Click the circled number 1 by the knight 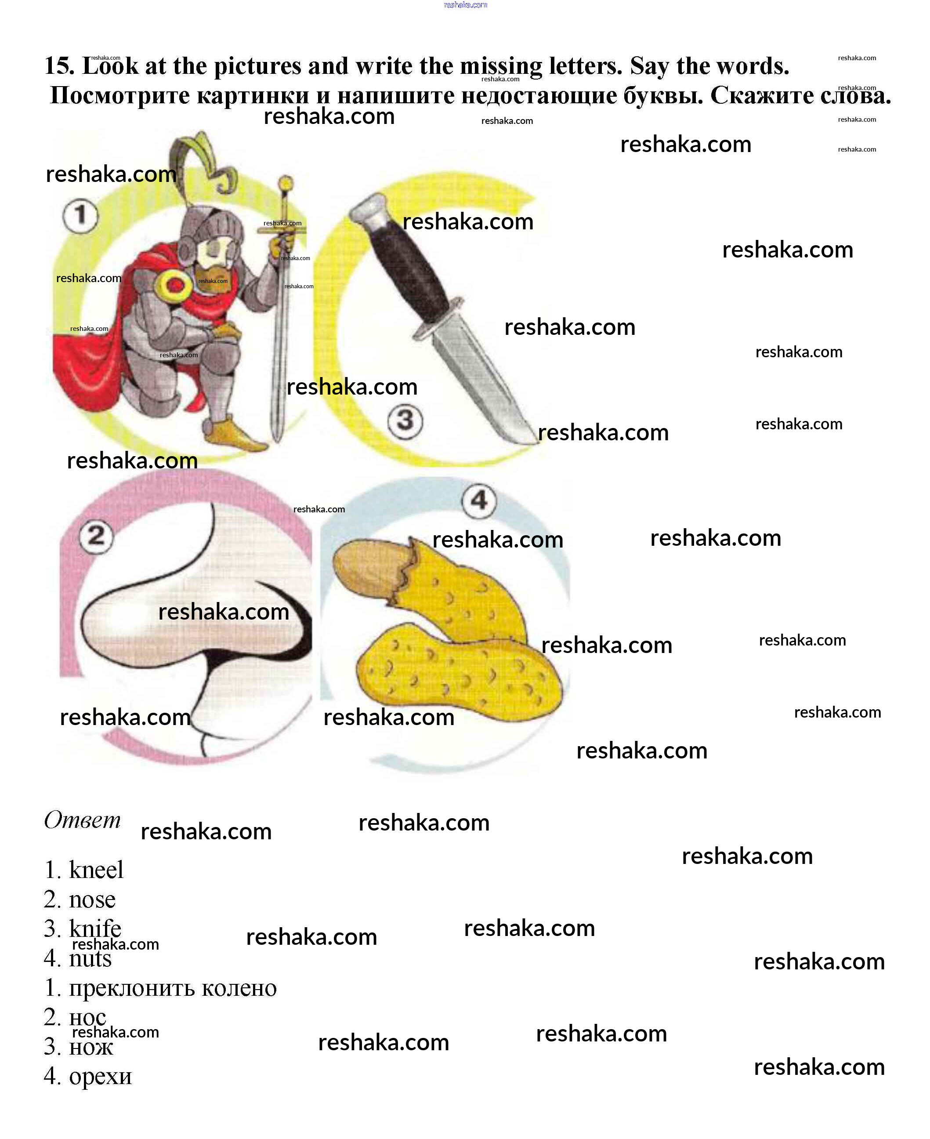[80, 215]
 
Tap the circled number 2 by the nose [97, 536]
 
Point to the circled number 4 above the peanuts [479, 501]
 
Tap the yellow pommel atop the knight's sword [286, 183]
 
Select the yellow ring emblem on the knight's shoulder [175, 284]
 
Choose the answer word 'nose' [92, 900]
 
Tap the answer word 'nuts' [90, 958]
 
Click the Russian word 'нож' [91, 1048]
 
